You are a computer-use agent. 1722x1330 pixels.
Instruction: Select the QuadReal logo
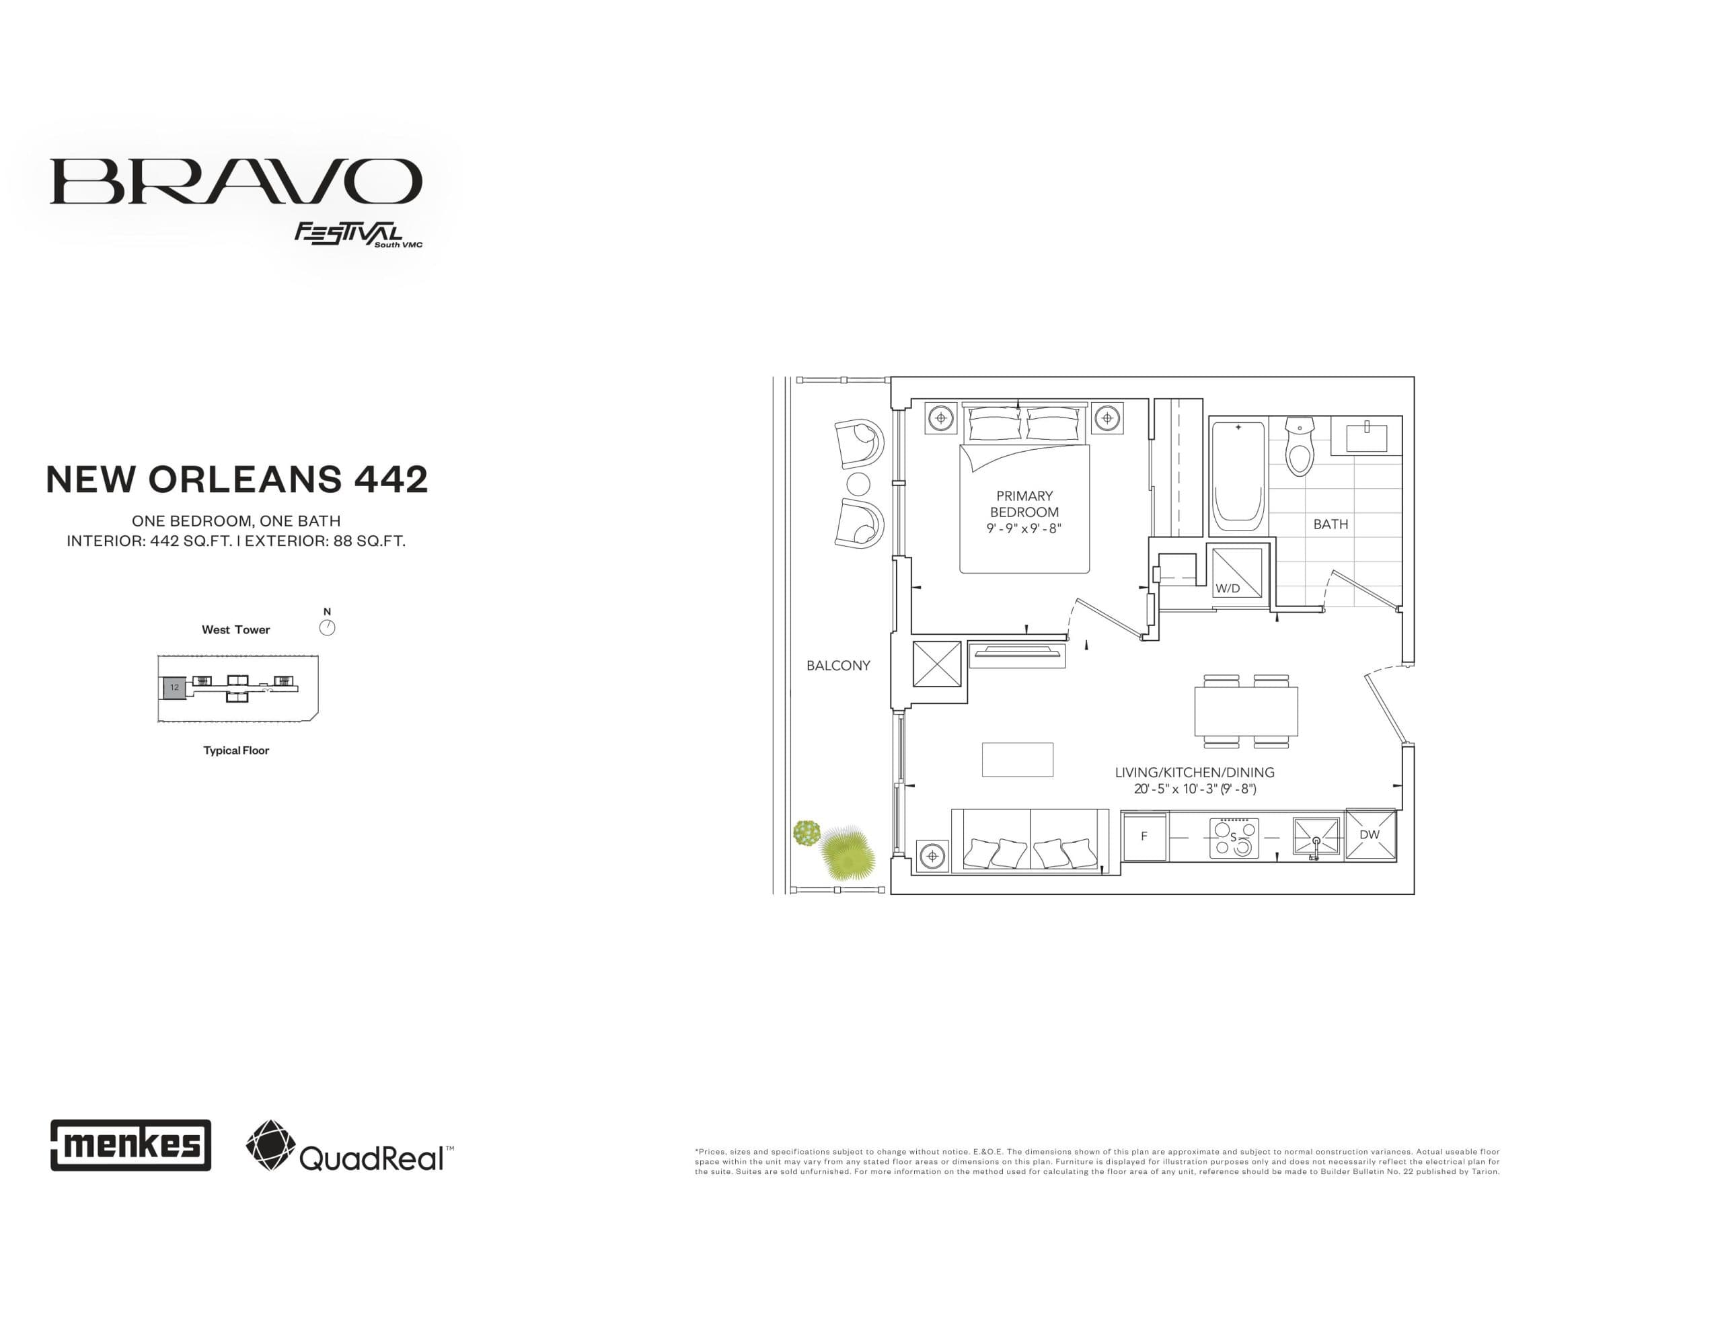pos(349,1146)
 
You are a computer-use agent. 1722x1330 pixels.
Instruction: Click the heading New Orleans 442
pos(237,479)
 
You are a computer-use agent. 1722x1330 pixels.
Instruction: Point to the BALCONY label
pos(837,666)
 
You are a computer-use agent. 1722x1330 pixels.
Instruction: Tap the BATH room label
pos(1330,524)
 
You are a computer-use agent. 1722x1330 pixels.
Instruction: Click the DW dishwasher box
pos(1370,834)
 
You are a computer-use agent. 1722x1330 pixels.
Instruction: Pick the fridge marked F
pos(1144,836)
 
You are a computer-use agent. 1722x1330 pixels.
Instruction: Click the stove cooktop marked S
pos(1234,838)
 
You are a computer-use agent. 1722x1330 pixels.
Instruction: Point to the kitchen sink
pos(1315,837)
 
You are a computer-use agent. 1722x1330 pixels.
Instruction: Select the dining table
pos(1246,711)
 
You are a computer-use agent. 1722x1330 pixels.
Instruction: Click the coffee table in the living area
pos(1017,759)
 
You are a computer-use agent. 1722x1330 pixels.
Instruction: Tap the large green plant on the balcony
pos(848,854)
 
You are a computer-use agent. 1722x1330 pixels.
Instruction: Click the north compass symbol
pos(326,627)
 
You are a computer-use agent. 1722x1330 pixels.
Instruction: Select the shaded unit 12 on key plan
pos(174,687)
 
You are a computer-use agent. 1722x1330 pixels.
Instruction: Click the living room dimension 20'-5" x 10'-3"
pos(1195,788)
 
